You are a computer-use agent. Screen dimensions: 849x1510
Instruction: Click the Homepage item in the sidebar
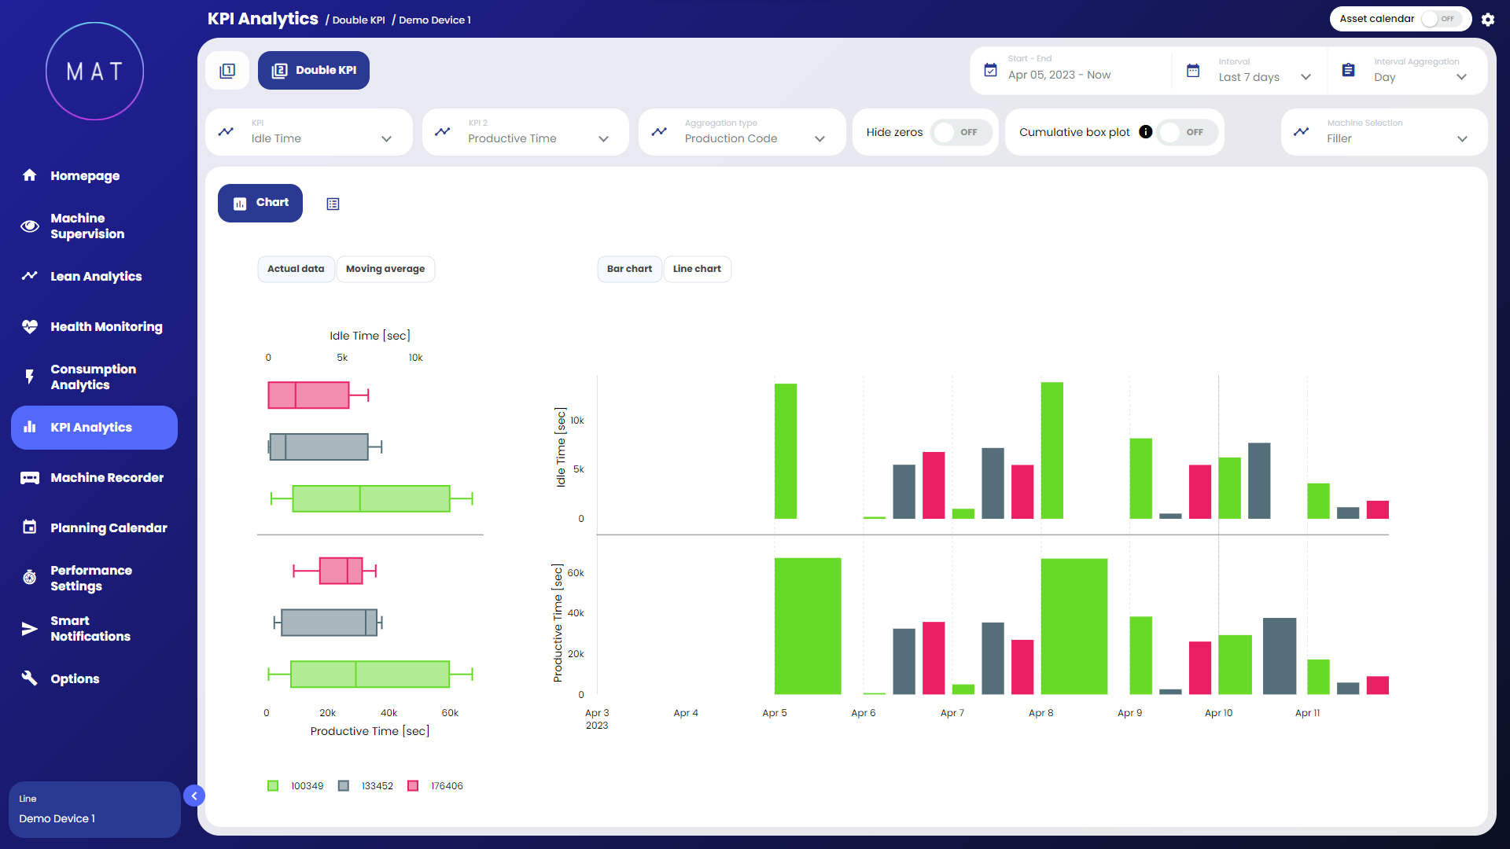[84, 175]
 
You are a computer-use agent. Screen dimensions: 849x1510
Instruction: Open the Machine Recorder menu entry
[106, 478]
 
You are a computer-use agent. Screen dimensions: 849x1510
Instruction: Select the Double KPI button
[314, 71]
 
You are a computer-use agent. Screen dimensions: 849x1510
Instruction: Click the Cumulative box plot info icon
[1146, 132]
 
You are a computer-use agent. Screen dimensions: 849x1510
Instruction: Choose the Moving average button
[385, 269]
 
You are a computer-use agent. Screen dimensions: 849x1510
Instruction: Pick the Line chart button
[697, 269]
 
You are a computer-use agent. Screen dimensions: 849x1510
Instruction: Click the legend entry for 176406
[436, 786]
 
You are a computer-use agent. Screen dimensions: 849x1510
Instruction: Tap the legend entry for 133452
[366, 786]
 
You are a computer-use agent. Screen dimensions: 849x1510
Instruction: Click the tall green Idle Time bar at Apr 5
[786, 451]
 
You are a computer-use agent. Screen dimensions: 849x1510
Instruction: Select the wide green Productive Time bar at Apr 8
[1074, 627]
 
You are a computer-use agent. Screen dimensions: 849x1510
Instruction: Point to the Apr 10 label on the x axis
[1218, 713]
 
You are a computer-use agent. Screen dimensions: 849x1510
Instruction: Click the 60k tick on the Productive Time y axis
[576, 573]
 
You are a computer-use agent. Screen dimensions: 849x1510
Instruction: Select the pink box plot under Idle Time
[308, 395]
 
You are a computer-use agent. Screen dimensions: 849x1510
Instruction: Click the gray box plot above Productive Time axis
[329, 623]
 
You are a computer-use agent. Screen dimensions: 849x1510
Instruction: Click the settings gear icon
[1488, 20]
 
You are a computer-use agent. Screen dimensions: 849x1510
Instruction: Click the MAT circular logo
[94, 71]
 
